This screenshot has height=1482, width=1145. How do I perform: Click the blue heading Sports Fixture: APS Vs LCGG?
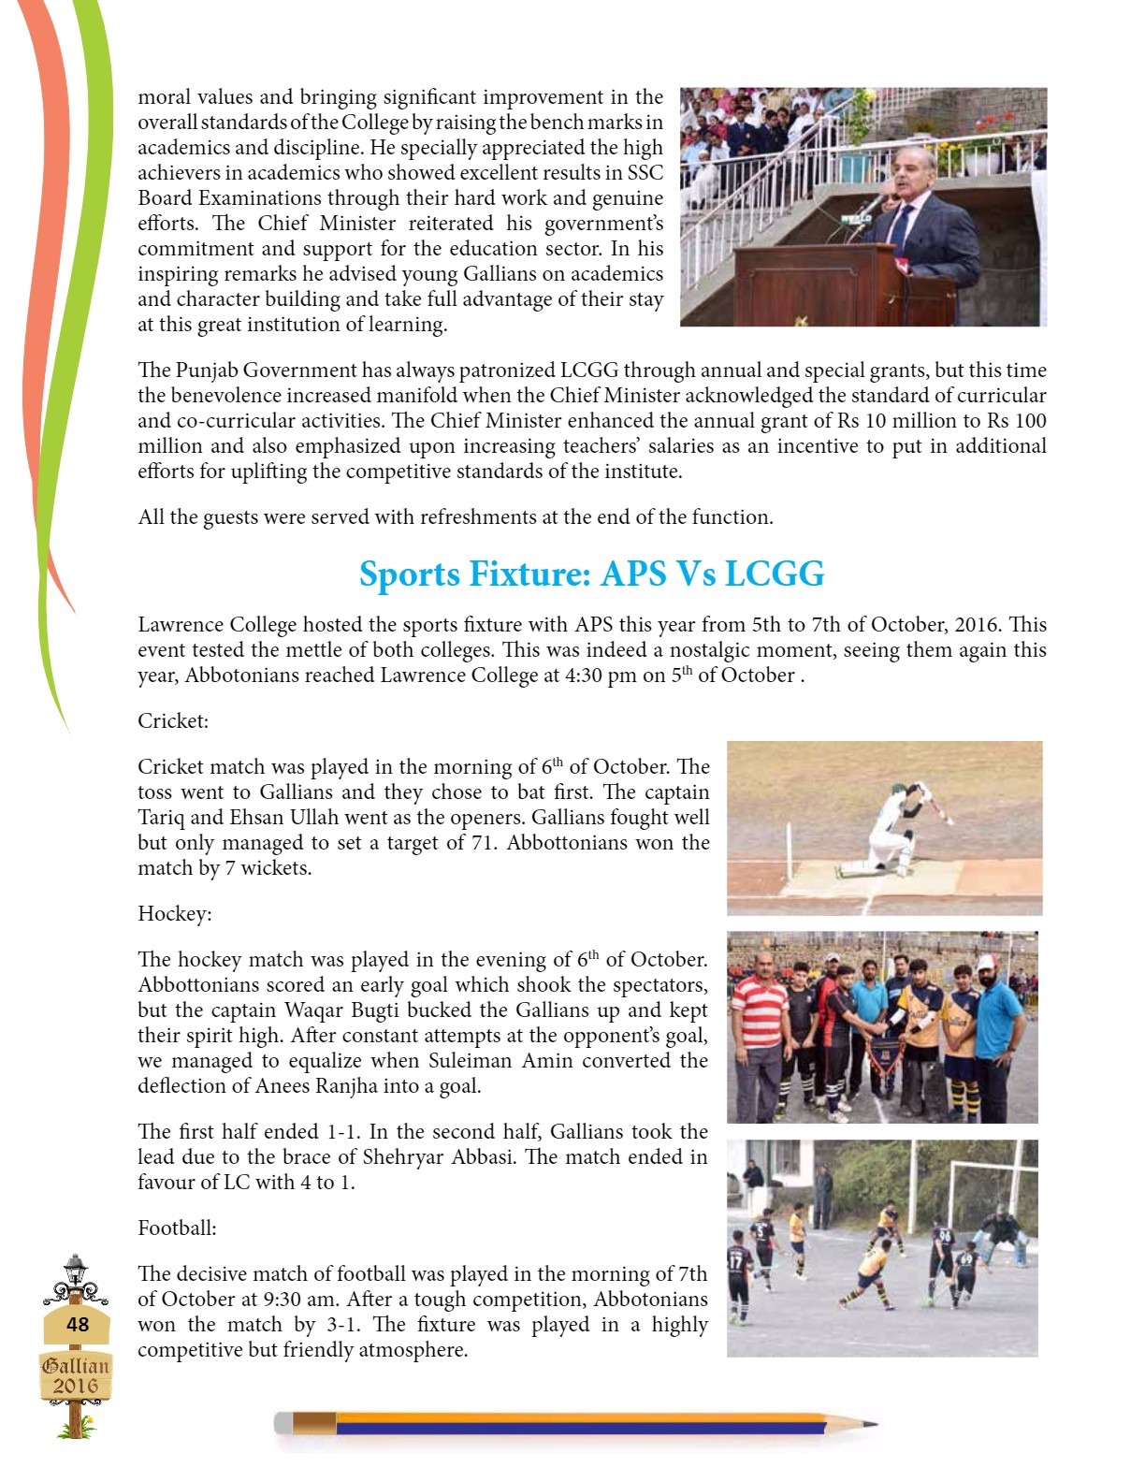[x=591, y=574]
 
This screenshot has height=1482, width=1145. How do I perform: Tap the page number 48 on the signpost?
[x=78, y=1324]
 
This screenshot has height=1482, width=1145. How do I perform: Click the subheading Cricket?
[x=173, y=720]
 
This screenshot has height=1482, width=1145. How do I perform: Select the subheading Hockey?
[x=175, y=913]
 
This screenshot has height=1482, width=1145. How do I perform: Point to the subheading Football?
[x=177, y=1228]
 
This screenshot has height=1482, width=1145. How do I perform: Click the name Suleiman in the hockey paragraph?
[x=467, y=1061]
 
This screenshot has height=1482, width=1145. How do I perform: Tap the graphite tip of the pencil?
[x=870, y=1424]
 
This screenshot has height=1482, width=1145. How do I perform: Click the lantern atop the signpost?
[x=75, y=1270]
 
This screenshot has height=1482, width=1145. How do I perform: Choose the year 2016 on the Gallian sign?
[x=75, y=1386]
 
